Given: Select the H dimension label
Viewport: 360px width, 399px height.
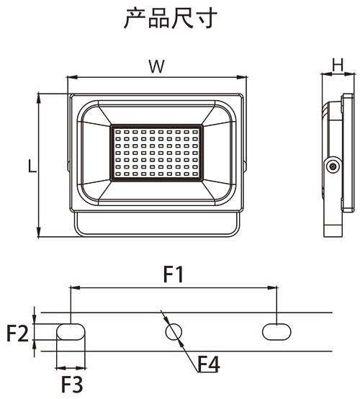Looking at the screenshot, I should point(336,65).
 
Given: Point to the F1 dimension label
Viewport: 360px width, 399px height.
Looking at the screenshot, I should point(174,274).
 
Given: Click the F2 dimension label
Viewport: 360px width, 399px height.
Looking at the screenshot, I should point(17,333).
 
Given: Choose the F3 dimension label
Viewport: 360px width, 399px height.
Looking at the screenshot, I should point(71,384).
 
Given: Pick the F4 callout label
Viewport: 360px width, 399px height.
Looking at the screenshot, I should point(208,365).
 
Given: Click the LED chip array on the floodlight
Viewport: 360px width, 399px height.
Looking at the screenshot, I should point(157,153).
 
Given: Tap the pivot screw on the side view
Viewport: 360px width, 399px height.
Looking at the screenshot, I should point(332,166).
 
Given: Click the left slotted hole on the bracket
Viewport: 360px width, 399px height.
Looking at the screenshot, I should point(71,331).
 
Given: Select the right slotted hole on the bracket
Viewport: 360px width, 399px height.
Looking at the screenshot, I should point(276,331).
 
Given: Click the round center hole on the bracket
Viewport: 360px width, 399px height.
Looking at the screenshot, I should point(174,331).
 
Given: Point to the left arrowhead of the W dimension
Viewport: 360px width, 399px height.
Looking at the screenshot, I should point(71,78).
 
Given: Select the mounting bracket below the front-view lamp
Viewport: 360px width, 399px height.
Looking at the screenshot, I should point(157,225).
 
